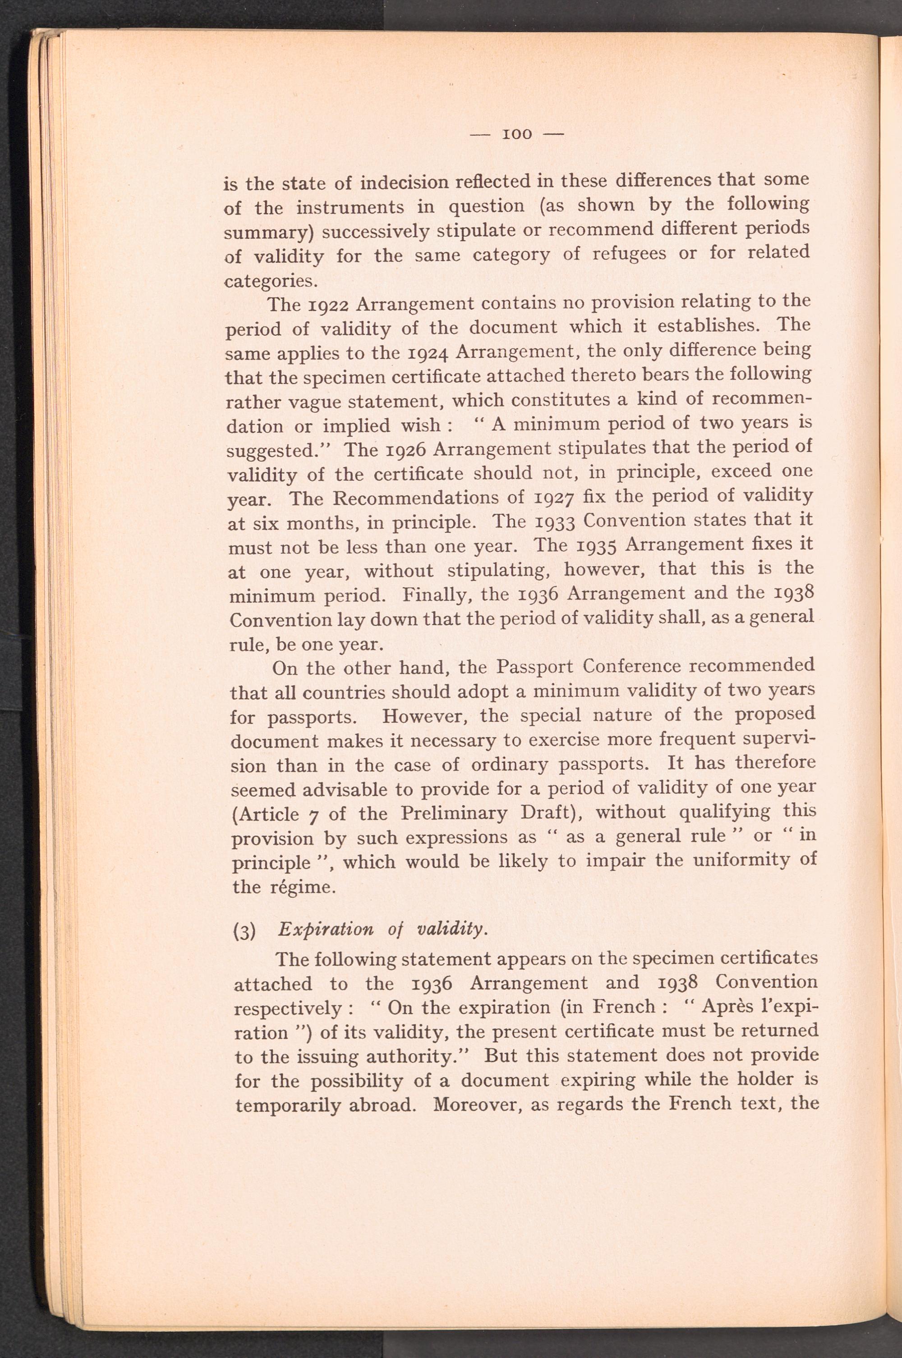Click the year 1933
tap(556, 521)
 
